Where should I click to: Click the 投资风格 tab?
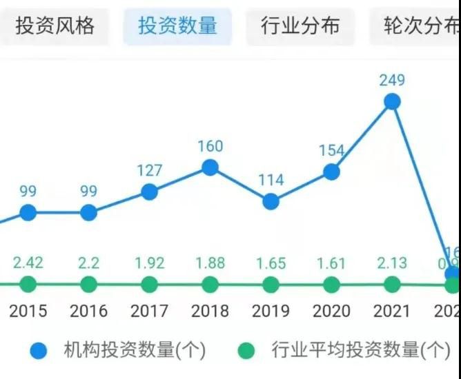[55, 26]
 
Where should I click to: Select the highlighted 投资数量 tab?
[177, 26]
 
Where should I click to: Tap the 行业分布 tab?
[300, 26]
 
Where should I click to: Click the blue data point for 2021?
[392, 102]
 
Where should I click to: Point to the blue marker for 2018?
[210, 167]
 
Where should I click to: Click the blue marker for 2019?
[271, 201]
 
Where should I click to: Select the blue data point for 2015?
[28, 212]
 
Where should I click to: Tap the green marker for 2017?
[150, 284]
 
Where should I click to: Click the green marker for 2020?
[332, 284]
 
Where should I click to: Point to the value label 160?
[210, 146]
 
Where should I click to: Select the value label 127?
[150, 170]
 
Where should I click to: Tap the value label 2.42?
[28, 263]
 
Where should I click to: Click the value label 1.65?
[271, 263]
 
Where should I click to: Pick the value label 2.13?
[392, 263]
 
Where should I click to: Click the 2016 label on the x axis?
[89, 311]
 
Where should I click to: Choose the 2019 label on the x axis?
[271, 311]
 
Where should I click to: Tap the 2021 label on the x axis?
[392, 311]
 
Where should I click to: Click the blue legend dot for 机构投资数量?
[39, 350]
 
